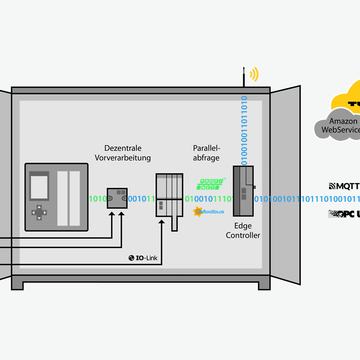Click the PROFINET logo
click(x=210, y=184)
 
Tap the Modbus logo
click(x=209, y=212)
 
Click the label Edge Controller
click(x=243, y=231)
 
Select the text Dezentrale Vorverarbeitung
click(x=123, y=153)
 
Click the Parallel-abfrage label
click(x=206, y=153)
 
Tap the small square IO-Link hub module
click(x=117, y=198)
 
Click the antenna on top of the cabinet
click(x=244, y=78)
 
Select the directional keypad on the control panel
click(x=39, y=212)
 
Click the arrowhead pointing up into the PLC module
click(x=162, y=221)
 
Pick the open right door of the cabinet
click(x=286, y=185)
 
